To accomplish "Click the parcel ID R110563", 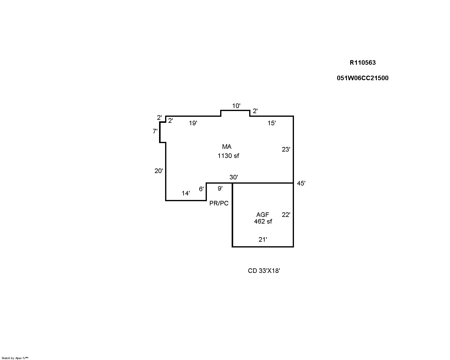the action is point(363,63).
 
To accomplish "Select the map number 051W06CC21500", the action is point(363,78).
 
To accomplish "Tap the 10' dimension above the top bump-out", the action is point(236,106).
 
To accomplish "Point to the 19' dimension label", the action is point(193,123).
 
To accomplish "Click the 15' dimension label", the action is point(272,123).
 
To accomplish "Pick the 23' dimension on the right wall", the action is point(286,149).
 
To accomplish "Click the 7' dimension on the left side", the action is point(155,131).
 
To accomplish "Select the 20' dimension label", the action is point(159,171).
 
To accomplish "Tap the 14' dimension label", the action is point(186,193).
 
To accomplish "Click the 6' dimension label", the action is point(201,189).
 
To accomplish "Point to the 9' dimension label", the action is point(220,188).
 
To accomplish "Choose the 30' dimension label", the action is point(234,177).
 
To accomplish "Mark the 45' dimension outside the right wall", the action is point(301,183).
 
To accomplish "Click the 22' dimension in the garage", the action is point(286,214).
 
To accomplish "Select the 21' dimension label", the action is point(263,240).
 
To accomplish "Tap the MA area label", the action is point(227,147).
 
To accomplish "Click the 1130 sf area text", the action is point(228,156).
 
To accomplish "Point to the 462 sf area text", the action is point(263,221).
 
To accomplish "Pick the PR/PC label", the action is point(219,203).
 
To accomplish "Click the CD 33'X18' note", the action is point(264,271).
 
